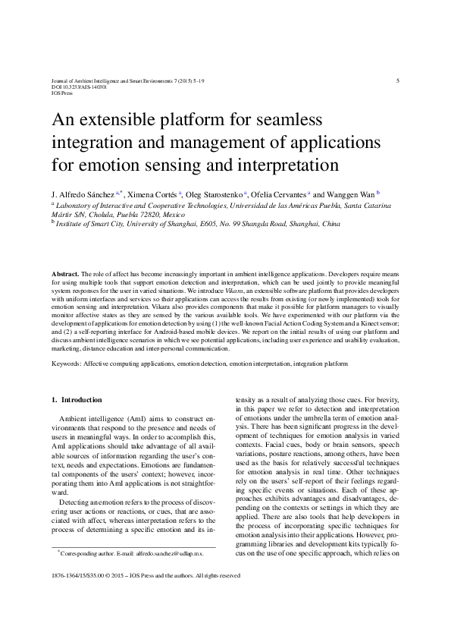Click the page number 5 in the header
(x=398, y=80)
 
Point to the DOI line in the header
(x=67, y=87)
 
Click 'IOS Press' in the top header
(x=61, y=93)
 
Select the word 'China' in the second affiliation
(x=331, y=225)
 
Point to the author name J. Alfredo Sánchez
(x=83, y=194)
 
